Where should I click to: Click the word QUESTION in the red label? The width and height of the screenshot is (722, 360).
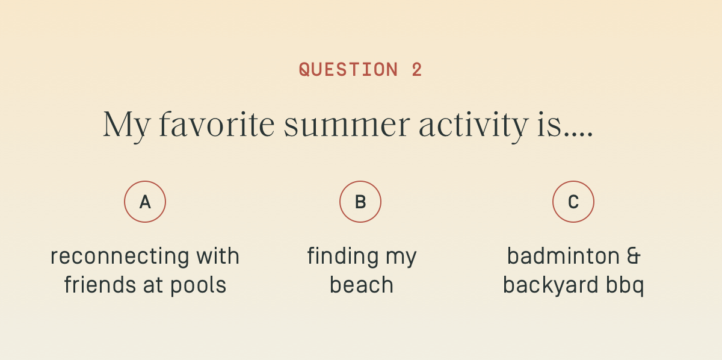click(x=348, y=69)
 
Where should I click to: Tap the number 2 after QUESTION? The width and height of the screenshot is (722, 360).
click(x=417, y=69)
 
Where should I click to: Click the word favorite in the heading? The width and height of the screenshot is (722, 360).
click(x=217, y=124)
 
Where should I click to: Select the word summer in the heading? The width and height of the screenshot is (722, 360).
click(x=347, y=126)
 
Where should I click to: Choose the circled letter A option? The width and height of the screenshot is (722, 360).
click(x=145, y=202)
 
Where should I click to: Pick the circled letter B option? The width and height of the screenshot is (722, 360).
click(x=360, y=202)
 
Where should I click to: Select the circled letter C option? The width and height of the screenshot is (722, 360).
click(x=573, y=202)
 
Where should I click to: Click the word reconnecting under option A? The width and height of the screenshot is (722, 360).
click(x=120, y=257)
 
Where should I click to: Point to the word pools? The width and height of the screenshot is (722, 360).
click(x=198, y=286)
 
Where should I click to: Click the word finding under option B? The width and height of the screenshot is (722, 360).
click(x=342, y=257)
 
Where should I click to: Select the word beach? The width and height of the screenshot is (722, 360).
click(x=362, y=284)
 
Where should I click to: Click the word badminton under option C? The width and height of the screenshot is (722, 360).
click(x=563, y=256)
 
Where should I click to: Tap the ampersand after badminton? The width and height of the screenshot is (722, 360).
click(x=634, y=256)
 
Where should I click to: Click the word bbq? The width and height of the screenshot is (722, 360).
click(x=625, y=285)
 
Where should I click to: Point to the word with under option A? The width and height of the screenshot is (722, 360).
click(x=218, y=256)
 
